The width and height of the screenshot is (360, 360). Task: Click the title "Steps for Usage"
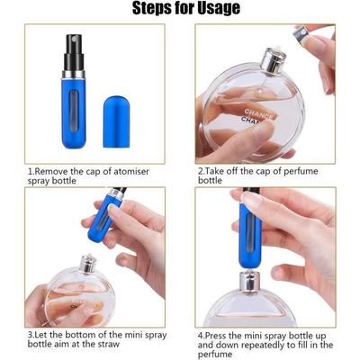click(186, 10)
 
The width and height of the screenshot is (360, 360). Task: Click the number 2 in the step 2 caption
click(200, 169)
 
